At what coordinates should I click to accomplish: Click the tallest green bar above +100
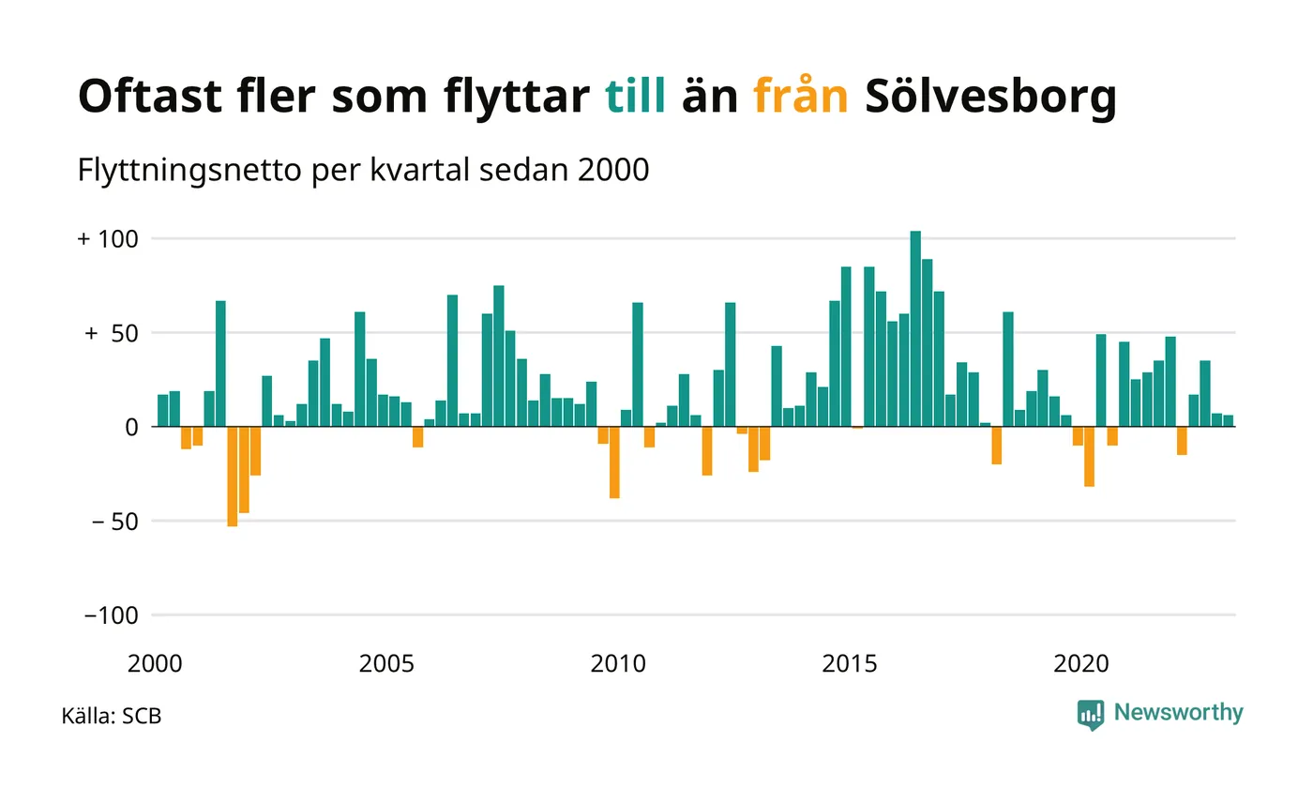(915, 328)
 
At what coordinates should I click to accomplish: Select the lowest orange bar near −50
(233, 476)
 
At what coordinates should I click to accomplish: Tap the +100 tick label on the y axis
(108, 239)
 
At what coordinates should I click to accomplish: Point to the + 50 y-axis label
(111, 333)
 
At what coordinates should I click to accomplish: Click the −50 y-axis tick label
(112, 521)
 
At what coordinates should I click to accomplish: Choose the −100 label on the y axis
(111, 615)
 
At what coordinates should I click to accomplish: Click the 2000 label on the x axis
(154, 664)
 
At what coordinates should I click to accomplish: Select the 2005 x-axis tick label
(386, 664)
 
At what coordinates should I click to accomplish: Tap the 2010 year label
(618, 664)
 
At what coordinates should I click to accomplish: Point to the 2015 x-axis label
(850, 664)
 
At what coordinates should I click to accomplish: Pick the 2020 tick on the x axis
(1081, 664)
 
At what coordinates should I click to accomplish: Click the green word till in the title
(636, 97)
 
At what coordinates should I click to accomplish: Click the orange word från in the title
(801, 97)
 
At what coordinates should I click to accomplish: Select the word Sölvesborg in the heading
(990, 97)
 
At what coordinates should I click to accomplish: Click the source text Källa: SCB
(112, 717)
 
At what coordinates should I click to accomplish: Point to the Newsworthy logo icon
(1091, 714)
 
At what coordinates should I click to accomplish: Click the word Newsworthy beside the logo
(1179, 713)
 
